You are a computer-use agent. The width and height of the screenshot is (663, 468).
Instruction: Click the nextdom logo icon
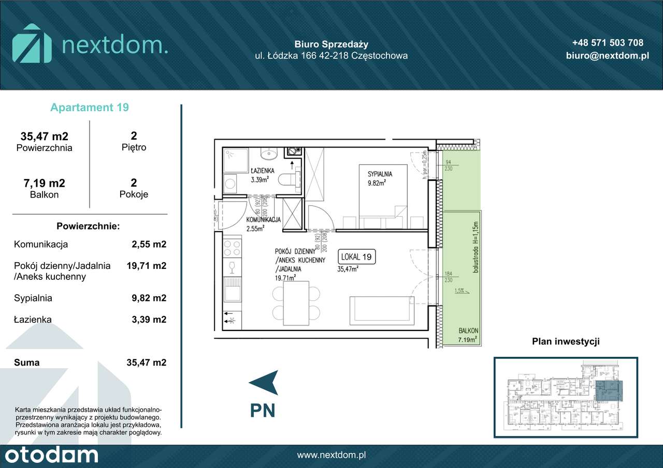32,43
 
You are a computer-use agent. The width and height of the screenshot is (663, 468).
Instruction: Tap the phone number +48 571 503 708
608,43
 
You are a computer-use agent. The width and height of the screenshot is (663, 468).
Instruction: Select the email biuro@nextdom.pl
608,56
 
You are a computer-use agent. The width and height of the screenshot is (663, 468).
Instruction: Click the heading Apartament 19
90,108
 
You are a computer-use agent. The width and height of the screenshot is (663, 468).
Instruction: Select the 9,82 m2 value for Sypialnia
149,298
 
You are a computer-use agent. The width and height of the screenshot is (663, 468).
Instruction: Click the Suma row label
27,363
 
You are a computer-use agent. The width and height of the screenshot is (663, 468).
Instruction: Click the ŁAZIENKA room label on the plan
262,170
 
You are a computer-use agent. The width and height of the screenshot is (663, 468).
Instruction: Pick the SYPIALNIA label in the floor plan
380,174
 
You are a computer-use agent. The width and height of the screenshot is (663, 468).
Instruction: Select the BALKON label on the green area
468,331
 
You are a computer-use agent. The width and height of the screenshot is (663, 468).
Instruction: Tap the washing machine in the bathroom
229,183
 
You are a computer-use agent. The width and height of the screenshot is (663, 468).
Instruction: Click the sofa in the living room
381,311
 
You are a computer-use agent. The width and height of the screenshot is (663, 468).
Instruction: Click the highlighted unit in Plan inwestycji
609,390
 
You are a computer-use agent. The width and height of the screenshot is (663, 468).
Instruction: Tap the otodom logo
49,456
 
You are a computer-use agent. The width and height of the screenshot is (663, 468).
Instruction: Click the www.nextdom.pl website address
331,456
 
